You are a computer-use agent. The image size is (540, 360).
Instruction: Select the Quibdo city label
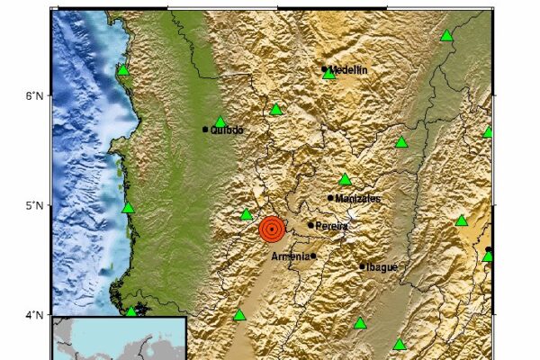point(227,130)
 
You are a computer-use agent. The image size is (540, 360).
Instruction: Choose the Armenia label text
point(290,256)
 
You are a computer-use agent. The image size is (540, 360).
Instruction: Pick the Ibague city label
point(382,266)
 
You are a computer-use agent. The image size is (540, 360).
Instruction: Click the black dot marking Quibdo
point(205,130)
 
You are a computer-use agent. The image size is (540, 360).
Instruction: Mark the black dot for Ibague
point(363,266)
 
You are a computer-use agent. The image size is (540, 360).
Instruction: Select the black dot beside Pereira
point(310,226)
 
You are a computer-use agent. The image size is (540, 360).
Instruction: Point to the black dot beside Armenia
point(313,256)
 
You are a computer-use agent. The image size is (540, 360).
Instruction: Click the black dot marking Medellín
point(324,68)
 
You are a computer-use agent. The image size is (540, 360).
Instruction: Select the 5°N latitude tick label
point(32,205)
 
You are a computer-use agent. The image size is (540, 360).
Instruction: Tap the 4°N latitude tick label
point(32,314)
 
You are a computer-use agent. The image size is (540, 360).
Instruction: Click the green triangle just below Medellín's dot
point(329,75)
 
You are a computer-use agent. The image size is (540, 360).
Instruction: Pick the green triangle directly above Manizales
point(345,180)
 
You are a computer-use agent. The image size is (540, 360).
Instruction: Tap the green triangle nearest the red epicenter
point(247,215)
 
